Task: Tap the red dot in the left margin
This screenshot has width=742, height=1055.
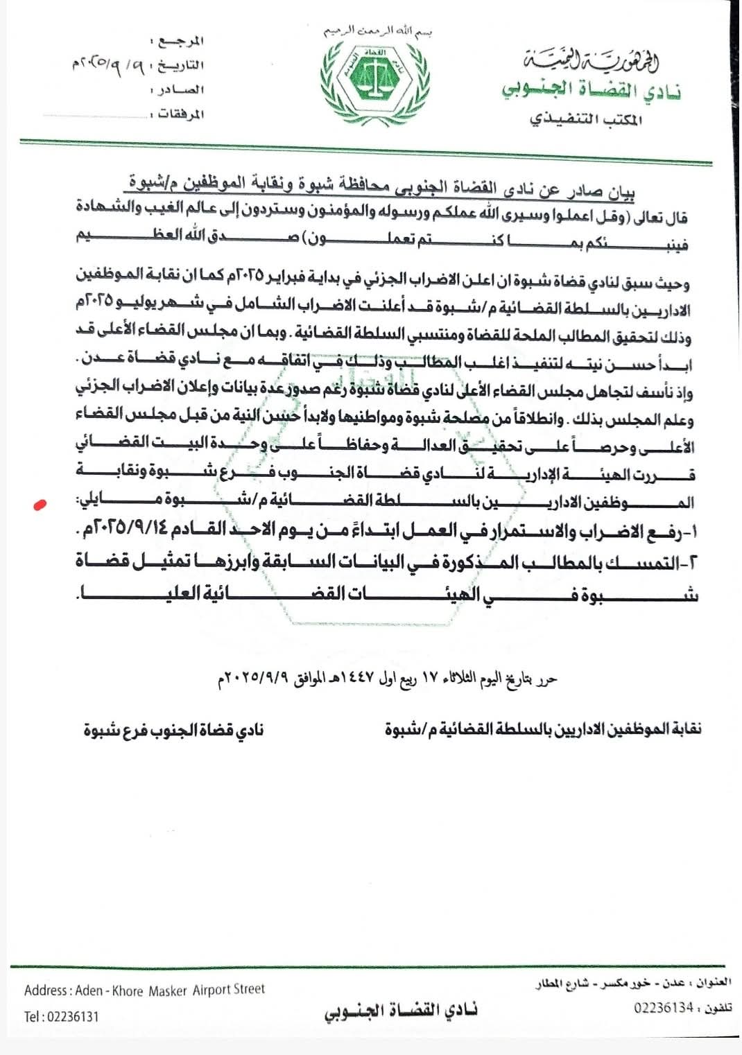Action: pos(40,505)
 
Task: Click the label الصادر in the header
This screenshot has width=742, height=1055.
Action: pos(182,90)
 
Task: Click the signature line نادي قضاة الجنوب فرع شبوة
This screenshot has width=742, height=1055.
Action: pos(173,730)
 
